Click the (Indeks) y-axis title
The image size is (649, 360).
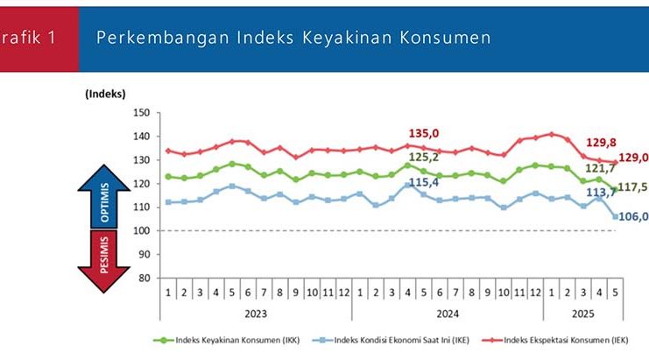click(105, 93)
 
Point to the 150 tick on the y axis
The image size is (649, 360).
click(141, 113)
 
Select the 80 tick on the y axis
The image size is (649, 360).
click(144, 279)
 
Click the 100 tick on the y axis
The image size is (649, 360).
click(141, 231)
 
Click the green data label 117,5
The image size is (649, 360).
click(632, 187)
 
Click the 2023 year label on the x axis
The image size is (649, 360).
click(257, 312)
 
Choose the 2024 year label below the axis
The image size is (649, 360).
click(448, 312)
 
